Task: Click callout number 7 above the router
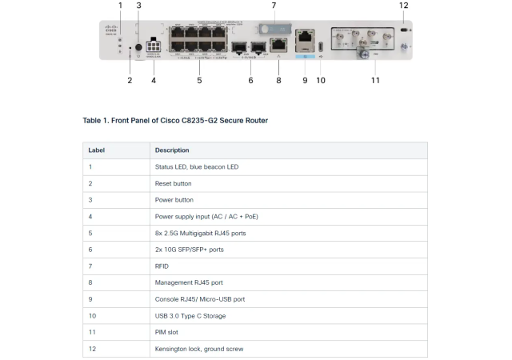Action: [x=274, y=6]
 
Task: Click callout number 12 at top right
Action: [x=403, y=6]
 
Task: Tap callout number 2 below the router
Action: [x=130, y=80]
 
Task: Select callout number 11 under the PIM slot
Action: [x=375, y=80]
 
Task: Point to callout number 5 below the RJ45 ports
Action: [x=199, y=80]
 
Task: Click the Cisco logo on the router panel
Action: [x=110, y=30]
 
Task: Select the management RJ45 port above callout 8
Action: [x=278, y=45]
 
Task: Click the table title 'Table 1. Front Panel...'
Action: [x=175, y=121]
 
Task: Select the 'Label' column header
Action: [x=96, y=150]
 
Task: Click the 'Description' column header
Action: [x=172, y=150]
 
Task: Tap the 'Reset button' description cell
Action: [x=173, y=183]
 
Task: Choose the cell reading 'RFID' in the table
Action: [x=162, y=266]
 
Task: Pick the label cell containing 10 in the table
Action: [x=92, y=316]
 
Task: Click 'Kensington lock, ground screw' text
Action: [x=198, y=349]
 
